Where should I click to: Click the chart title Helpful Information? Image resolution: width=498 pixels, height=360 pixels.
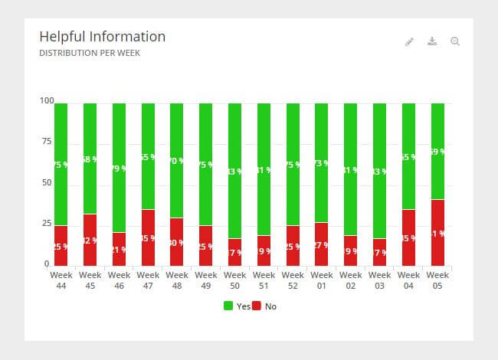tap(102, 37)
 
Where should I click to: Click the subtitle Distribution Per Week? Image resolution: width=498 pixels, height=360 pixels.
tap(89, 54)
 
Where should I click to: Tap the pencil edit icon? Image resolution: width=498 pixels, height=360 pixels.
tap(409, 41)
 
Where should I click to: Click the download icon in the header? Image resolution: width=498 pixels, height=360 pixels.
tap(432, 41)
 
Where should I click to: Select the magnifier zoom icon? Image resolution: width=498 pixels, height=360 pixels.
tap(455, 41)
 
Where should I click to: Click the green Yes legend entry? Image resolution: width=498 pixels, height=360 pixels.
tap(236, 306)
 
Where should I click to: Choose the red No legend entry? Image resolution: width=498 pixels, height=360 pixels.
tap(264, 306)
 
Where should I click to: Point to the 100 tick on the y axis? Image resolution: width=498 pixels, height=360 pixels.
tap(47, 101)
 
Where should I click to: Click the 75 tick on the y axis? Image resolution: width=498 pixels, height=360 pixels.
tap(47, 142)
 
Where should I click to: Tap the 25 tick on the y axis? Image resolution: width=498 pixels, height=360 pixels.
tap(47, 224)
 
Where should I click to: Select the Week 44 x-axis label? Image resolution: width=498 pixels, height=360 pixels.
tap(61, 279)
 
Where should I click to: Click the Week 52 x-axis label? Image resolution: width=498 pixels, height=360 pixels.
tap(293, 279)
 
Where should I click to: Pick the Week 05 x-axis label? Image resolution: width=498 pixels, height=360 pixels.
tap(437, 279)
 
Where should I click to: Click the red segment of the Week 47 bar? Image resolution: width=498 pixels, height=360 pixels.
tap(148, 238)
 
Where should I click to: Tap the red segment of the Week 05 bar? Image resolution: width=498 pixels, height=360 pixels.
tap(437, 233)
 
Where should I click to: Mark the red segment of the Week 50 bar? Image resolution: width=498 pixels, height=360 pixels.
tap(234, 253)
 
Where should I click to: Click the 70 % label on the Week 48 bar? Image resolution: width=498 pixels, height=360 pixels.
tap(177, 161)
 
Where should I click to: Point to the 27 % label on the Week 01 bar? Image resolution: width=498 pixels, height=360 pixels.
tap(322, 245)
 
